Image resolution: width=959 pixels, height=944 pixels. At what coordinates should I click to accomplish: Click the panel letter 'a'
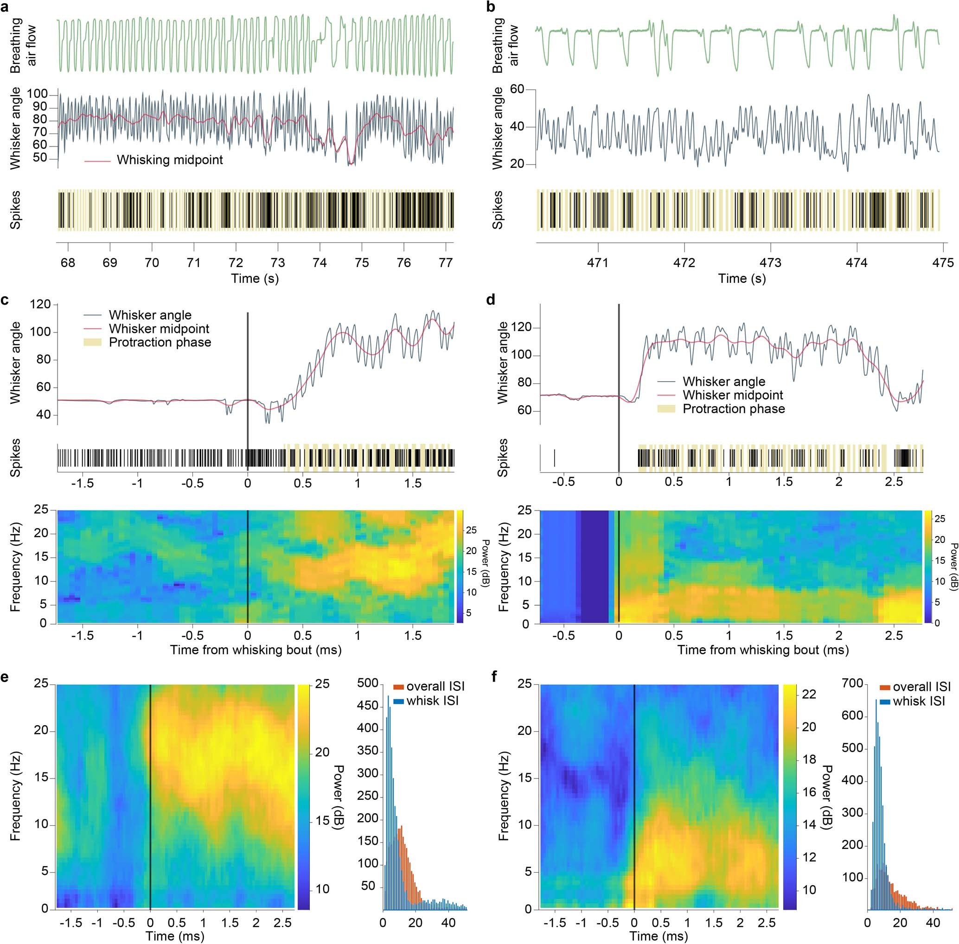[x=5, y=6]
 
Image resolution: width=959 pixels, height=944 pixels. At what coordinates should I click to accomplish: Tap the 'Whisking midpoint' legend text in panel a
[x=170, y=160]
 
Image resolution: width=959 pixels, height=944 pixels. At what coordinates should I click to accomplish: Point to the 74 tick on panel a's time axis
[x=320, y=262]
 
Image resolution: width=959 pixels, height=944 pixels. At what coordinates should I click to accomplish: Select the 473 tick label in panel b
[x=771, y=262]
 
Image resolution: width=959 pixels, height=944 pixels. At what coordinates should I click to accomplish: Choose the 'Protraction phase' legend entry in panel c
[x=160, y=343]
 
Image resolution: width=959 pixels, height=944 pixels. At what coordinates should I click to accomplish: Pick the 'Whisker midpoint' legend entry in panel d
[x=732, y=395]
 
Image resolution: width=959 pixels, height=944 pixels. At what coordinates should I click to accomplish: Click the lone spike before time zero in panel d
[x=554, y=457]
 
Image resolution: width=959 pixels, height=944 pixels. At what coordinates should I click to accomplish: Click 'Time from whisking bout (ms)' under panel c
[x=256, y=650]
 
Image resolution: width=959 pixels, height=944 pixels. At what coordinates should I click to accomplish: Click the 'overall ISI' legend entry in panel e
[x=435, y=687]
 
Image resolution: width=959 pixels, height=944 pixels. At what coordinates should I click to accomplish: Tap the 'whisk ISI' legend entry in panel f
[x=918, y=702]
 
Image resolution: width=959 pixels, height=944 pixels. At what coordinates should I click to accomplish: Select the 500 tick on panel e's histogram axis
[x=367, y=685]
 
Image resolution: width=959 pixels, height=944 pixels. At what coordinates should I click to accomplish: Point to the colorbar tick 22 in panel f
[x=809, y=695]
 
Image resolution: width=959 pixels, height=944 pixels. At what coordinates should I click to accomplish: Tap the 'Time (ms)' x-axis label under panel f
[x=659, y=936]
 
